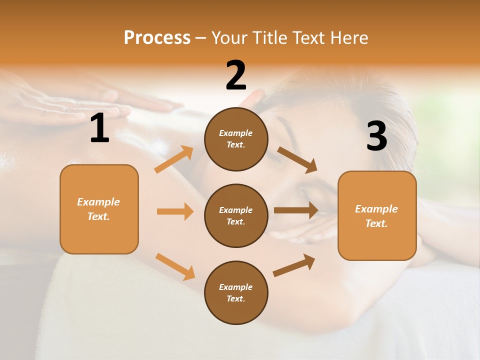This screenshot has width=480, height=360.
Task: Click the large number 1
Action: point(99,128)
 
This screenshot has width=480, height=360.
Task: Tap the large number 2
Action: point(236,75)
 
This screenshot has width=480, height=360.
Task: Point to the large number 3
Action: point(376,136)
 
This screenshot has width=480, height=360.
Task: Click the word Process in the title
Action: point(157,37)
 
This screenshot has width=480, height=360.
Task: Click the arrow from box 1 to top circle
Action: point(174,159)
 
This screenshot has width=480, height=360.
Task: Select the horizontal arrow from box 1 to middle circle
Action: point(175,211)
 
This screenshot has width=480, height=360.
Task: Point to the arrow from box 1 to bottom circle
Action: point(175,266)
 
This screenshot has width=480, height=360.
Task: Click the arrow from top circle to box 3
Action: point(297,160)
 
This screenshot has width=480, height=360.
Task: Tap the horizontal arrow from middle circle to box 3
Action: point(296,210)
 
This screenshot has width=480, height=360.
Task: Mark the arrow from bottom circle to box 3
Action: point(294,265)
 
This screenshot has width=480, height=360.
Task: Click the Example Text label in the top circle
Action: point(236,139)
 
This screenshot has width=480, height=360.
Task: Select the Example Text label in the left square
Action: point(98,209)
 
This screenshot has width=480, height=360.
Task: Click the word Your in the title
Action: point(229,37)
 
